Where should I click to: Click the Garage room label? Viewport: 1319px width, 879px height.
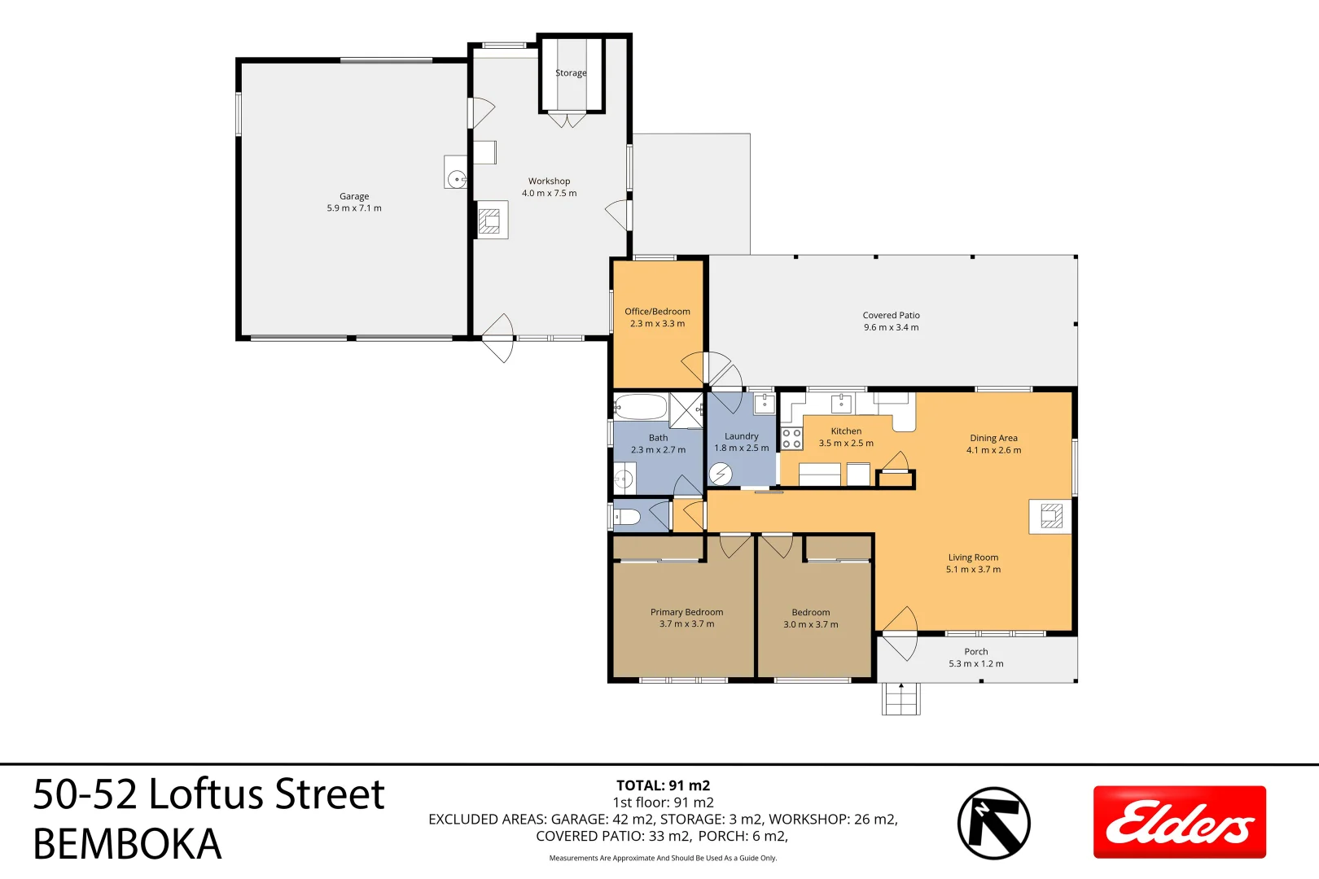pyautogui.click(x=354, y=196)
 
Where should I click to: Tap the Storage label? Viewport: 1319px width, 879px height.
pyautogui.click(x=571, y=73)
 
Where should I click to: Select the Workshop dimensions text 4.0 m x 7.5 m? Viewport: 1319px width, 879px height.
pyautogui.click(x=549, y=194)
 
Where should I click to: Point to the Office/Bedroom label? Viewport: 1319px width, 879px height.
pyautogui.click(x=657, y=312)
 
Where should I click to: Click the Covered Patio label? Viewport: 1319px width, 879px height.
pyautogui.click(x=891, y=316)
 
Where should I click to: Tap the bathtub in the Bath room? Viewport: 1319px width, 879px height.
pyautogui.click(x=641, y=406)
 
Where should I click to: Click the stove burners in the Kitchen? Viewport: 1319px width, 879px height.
pyautogui.click(x=791, y=439)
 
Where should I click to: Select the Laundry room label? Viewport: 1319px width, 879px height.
pyautogui.click(x=741, y=436)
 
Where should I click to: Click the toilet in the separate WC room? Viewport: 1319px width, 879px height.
pyautogui.click(x=628, y=517)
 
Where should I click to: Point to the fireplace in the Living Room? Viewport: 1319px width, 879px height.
pyautogui.click(x=1051, y=516)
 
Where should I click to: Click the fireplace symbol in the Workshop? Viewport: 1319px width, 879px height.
pyautogui.click(x=489, y=221)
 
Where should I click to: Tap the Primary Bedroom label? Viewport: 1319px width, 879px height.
pyautogui.click(x=686, y=612)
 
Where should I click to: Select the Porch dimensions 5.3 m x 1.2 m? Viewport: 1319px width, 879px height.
pyautogui.click(x=975, y=664)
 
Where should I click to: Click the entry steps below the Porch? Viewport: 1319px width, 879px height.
pyautogui.click(x=901, y=698)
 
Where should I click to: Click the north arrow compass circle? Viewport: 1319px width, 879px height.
pyautogui.click(x=993, y=823)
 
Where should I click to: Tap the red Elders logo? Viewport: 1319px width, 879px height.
pyautogui.click(x=1179, y=822)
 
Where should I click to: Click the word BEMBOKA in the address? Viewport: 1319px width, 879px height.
pyautogui.click(x=127, y=844)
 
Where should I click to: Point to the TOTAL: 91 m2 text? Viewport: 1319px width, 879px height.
pyautogui.click(x=663, y=785)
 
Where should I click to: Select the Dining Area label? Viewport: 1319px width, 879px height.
pyautogui.click(x=993, y=438)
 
